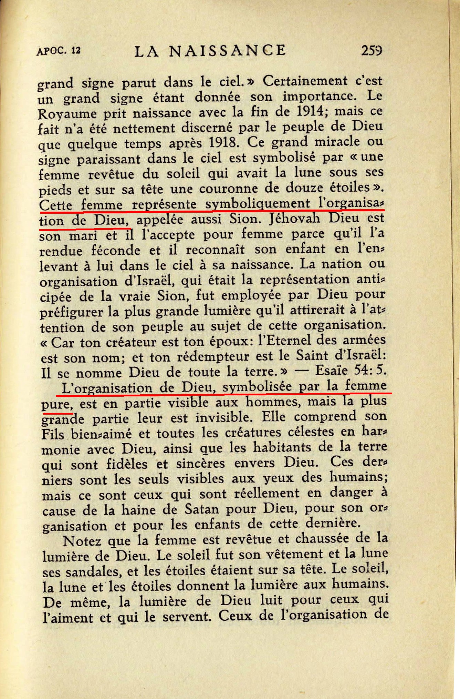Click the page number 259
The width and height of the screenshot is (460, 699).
pos(372,51)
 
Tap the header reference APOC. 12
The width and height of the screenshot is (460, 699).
pos(58,51)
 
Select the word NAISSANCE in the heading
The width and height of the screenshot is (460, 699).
pos(227,51)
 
